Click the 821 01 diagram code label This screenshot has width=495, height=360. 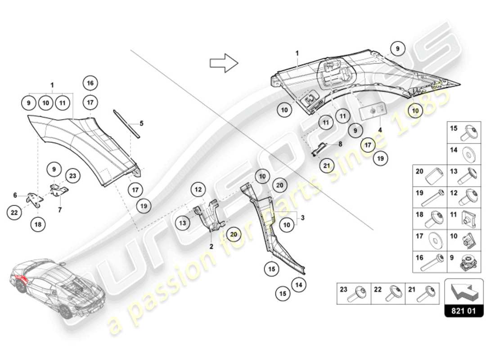point(464,310)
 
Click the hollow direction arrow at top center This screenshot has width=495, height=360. point(224,63)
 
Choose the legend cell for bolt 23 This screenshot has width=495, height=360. point(354,293)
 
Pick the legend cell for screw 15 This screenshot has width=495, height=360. point(464,132)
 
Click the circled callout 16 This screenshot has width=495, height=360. point(90,83)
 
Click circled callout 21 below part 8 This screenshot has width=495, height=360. point(327,166)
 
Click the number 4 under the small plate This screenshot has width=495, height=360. point(380,130)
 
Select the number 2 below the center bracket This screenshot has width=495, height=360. point(211,247)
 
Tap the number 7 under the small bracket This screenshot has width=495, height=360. point(60,209)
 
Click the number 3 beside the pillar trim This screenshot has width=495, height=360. point(303,218)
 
